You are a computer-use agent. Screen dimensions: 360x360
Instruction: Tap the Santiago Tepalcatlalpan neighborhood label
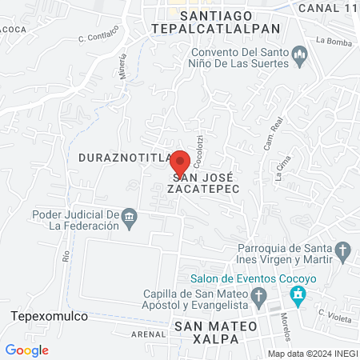216,22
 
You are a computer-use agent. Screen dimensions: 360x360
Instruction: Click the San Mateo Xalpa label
214,332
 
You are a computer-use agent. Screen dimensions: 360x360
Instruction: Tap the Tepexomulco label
48,316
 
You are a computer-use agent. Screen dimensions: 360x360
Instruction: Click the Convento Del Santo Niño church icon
301,55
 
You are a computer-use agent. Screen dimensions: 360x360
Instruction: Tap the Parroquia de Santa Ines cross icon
342,251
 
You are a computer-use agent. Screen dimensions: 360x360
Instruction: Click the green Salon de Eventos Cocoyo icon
298,295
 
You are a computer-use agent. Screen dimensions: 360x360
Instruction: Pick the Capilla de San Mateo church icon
258,298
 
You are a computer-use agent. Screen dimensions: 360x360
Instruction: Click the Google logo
27,350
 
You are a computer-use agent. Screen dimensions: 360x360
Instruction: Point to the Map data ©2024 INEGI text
312,354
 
